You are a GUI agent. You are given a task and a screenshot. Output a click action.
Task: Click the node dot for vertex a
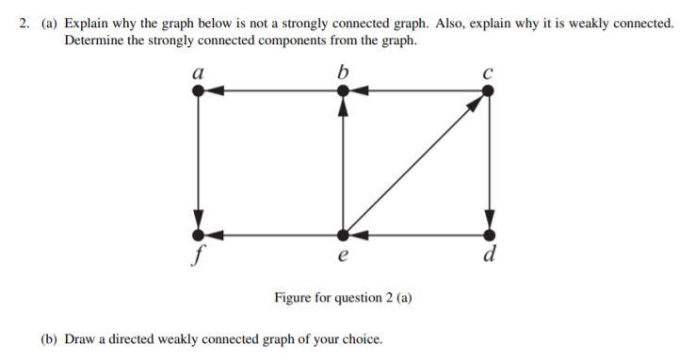click(198, 90)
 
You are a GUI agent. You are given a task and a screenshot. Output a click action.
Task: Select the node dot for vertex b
click(344, 90)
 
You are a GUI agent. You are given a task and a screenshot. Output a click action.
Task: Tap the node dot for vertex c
click(489, 90)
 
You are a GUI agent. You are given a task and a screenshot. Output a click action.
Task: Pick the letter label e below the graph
click(343, 254)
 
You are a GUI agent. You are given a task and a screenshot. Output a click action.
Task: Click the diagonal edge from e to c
click(414, 163)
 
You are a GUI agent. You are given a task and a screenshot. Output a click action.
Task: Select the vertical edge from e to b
click(344, 165)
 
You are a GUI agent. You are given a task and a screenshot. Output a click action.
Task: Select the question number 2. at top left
click(25, 24)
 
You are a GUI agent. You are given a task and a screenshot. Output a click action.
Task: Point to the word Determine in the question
click(95, 41)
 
